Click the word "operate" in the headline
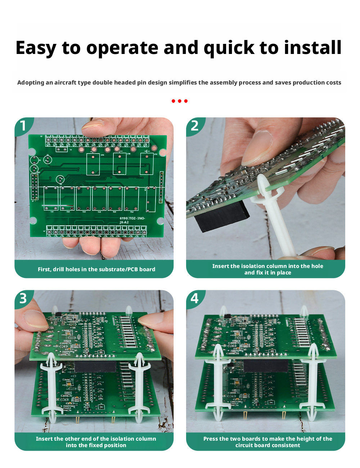pyautogui.click(x=122, y=48)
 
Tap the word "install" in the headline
pyautogui.click(x=312, y=47)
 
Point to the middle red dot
pyautogui.click(x=180, y=101)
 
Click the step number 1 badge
pyautogui.click(x=23, y=126)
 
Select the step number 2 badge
pyautogui.click(x=194, y=126)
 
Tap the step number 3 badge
pyautogui.click(x=23, y=298)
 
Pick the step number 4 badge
pyautogui.click(x=194, y=298)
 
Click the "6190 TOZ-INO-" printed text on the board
pyautogui.click(x=132, y=218)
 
